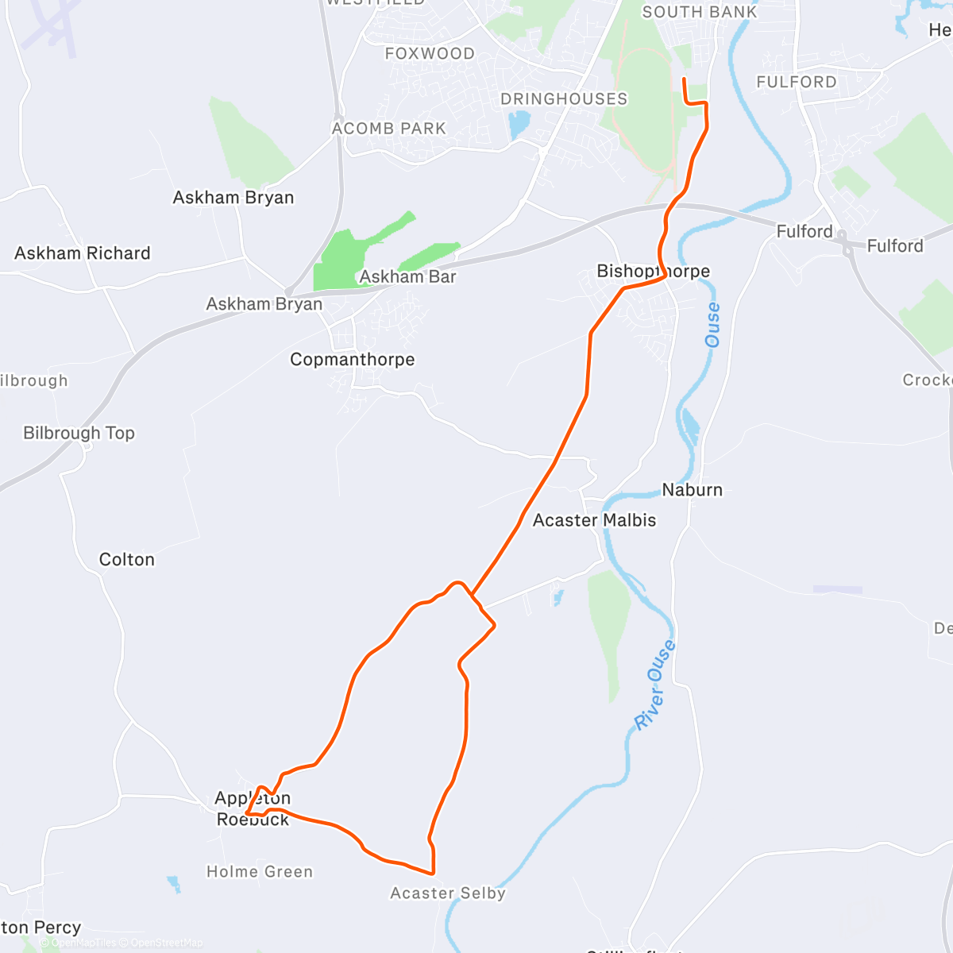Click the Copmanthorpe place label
tap(352, 360)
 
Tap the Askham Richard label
tap(83, 253)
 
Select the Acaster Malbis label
tap(594, 520)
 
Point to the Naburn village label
tap(693, 490)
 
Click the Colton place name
tap(127, 560)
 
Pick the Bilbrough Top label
tap(79, 433)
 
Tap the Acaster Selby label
tap(448, 893)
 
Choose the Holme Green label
tap(260, 872)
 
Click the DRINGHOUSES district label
tap(564, 99)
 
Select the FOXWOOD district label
tap(430, 54)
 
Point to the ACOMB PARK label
tap(389, 129)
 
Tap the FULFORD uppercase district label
tap(797, 83)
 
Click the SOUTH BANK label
tap(700, 12)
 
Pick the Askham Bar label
tap(408, 277)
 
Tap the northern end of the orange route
tap(684, 79)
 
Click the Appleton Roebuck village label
tap(253, 808)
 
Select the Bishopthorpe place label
tap(653, 272)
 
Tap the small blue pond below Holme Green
tap(173, 883)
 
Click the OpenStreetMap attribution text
tap(166, 943)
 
